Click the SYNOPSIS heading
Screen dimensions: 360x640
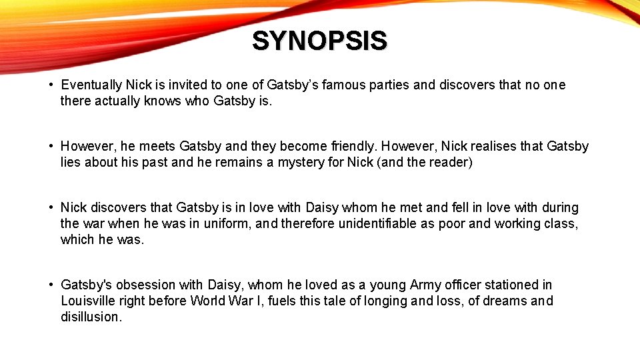click(x=319, y=41)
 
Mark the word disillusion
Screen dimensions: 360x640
click(x=91, y=317)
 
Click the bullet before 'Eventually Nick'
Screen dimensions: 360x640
click(x=51, y=85)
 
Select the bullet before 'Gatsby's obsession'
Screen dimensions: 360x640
click(x=51, y=285)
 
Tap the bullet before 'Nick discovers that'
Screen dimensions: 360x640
click(x=51, y=208)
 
